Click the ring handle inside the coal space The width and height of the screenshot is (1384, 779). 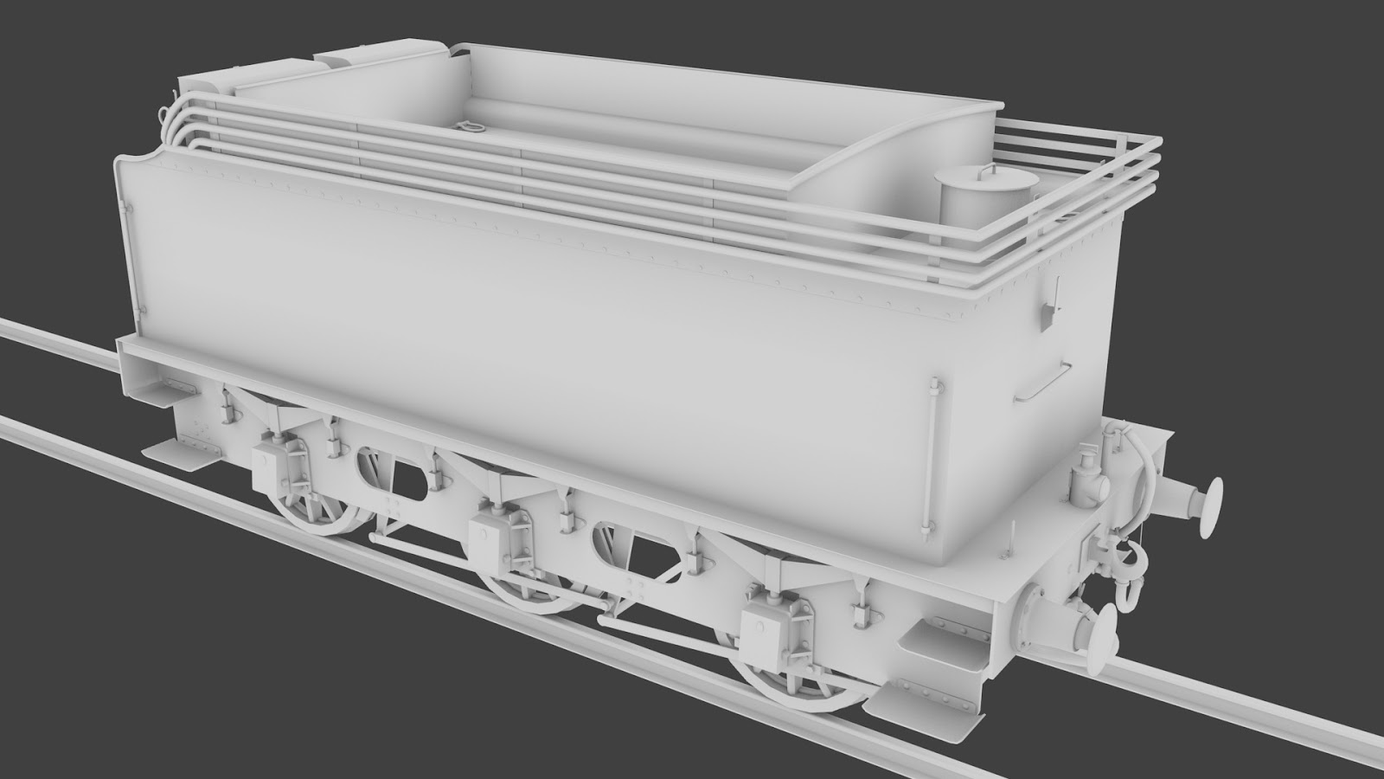(x=471, y=130)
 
